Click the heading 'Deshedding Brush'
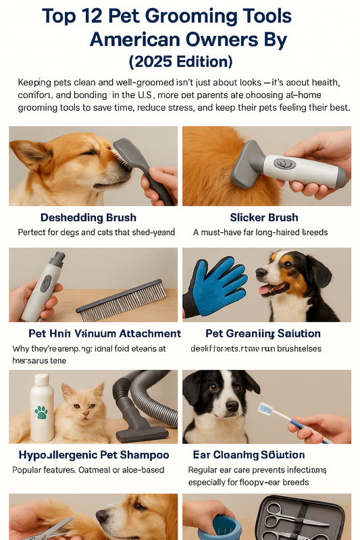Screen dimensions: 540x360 88,217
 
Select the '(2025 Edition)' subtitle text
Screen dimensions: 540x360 180,61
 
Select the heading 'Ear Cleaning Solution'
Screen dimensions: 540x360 267,455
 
